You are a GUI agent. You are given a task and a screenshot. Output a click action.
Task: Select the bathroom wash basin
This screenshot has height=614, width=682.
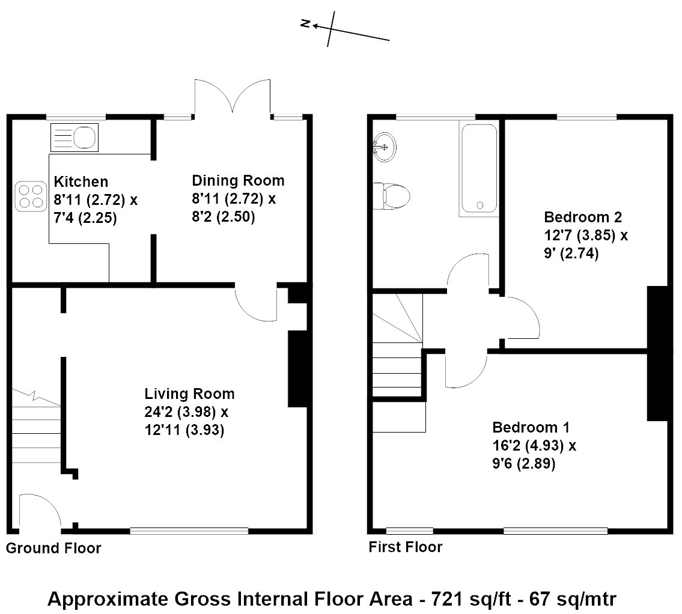point(383,147)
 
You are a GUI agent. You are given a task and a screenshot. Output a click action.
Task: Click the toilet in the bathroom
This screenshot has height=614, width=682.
point(392,196)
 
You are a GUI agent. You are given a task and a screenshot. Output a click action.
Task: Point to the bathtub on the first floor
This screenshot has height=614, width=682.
point(478,169)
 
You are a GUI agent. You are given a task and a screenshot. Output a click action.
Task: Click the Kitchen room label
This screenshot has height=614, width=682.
point(81,181)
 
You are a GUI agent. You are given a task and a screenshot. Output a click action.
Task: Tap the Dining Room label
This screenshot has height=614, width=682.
point(238,180)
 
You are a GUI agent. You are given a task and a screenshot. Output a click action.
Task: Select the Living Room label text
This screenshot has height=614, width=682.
point(189,394)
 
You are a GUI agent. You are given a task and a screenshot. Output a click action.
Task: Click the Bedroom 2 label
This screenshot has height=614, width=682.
point(582,217)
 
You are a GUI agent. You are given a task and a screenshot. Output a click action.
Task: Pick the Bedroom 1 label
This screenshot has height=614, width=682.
point(531,428)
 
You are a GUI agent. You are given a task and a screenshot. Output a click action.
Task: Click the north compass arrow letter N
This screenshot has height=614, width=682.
point(305,24)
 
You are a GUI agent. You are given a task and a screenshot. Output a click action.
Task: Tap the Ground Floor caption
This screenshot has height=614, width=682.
point(53,548)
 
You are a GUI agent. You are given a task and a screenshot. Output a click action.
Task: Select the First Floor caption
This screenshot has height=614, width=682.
point(405,547)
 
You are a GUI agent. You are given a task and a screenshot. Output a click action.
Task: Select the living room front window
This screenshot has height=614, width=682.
point(189,530)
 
